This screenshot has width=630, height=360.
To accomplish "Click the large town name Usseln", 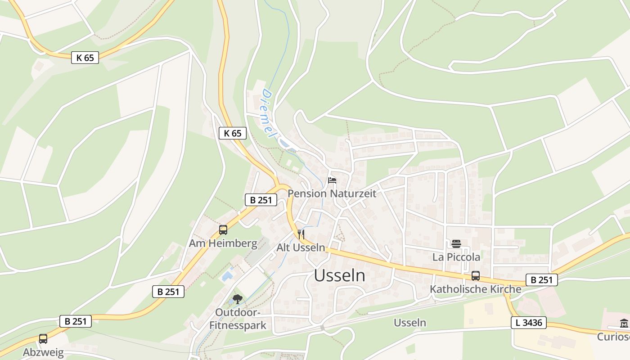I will coord(340,275).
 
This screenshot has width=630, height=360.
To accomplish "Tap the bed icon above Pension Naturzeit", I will coord(332,180).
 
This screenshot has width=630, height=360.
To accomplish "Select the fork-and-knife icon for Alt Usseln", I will coord(301,234).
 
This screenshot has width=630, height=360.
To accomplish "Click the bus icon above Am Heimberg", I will coord(223,230).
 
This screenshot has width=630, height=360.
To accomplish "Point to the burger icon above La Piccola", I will coord(456,244).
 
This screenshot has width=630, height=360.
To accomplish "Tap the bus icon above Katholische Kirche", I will coord(475,276).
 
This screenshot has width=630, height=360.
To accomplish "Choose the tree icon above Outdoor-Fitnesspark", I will coord(238,299).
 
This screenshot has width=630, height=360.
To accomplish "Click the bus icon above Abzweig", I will coord(43,338).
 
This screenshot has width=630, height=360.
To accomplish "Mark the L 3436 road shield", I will coord(529,322).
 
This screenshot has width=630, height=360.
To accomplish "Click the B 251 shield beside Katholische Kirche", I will coord(541,280).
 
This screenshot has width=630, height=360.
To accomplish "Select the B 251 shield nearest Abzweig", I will coord(76,321).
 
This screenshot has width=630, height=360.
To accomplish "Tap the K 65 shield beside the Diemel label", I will coord(233,133).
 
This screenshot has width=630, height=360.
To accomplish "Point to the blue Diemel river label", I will coord(268,113).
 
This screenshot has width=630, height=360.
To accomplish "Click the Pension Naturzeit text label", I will coord(332,193).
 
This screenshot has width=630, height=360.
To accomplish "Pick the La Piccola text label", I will coord(456,257).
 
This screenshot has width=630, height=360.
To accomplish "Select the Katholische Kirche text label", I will coord(475,289).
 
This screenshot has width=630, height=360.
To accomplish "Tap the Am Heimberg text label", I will coord(223,243).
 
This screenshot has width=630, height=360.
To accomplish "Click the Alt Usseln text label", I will coord(301,247).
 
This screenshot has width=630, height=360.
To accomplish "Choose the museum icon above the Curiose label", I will coord(624,324).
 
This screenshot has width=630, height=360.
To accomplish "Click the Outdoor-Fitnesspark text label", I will coord(238,319).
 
